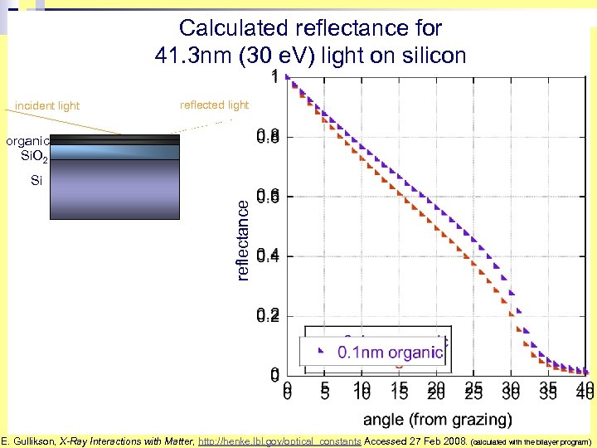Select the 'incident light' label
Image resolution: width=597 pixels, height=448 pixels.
click(x=47, y=106)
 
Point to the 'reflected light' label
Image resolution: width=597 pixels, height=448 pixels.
click(x=214, y=105)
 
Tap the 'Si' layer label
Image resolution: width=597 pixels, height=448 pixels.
click(x=36, y=180)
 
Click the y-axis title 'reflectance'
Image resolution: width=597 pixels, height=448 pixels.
click(x=243, y=239)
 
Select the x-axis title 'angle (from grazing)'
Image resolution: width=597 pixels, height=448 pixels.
click(x=437, y=419)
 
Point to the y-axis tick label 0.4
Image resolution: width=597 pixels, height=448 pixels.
click(x=267, y=256)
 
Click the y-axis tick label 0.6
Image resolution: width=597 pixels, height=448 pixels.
click(x=267, y=196)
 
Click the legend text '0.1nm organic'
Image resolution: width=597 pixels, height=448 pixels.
click(x=390, y=353)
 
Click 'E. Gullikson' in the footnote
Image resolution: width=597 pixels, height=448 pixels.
click(x=27, y=442)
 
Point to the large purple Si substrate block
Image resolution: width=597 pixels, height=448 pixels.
click(x=114, y=188)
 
